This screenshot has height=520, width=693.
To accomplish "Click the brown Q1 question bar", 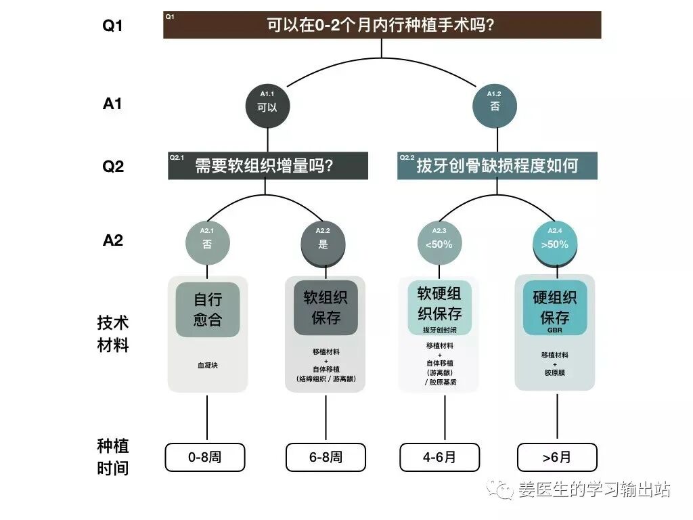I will (382, 25).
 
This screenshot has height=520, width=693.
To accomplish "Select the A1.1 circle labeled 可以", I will (267, 105).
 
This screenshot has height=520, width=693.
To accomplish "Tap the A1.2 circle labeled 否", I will (495, 105).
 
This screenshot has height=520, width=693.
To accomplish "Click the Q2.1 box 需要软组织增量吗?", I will (268, 166).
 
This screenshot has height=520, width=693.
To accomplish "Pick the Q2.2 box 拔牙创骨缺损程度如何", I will (497, 166).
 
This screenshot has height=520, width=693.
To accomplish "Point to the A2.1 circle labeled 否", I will (207, 242).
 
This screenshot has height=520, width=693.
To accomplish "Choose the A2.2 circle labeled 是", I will (323, 242).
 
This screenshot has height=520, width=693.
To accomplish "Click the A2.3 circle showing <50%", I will (439, 242).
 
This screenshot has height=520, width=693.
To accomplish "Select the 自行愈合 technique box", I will (208, 309).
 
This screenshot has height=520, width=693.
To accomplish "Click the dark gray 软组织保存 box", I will (326, 308).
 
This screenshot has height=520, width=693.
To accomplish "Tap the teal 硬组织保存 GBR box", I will (555, 308).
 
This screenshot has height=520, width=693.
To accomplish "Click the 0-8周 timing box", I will (205, 457).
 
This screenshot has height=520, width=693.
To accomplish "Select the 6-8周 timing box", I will (326, 457).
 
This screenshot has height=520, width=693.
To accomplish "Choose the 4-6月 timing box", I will (440, 457).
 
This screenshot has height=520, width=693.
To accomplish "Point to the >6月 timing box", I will (556, 457).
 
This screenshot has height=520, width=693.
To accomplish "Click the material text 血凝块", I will (208, 365).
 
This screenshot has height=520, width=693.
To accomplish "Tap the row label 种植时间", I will (113, 456).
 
